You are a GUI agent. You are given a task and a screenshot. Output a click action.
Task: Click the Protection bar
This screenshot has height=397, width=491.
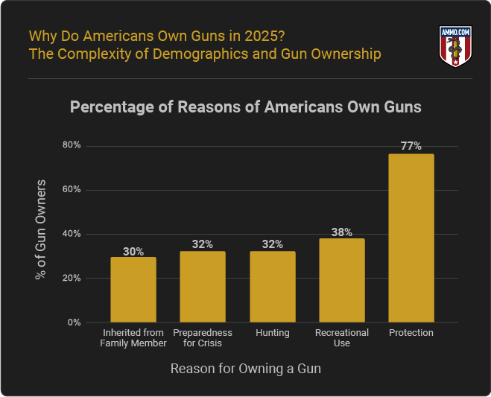coord(411,238)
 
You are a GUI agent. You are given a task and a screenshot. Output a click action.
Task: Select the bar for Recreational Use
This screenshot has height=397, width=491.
coord(342,280)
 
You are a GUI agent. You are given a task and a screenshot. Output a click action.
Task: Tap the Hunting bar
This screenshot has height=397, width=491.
coord(272,287)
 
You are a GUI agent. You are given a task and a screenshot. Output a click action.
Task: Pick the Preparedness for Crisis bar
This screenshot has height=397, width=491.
coord(203,287)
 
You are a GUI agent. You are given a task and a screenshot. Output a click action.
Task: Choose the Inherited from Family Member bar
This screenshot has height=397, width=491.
coord(133,290)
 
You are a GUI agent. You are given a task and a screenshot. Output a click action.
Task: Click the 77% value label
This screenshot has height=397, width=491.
coord(411,146)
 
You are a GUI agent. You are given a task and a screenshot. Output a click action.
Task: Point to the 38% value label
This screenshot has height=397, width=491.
coord(342,232)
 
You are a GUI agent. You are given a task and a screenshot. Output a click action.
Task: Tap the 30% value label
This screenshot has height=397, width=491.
coord(133,251)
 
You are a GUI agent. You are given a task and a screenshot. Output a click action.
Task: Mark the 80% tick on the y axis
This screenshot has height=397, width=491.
coord(72,145)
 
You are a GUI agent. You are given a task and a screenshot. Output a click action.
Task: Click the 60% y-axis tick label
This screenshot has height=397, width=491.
coord(72,189)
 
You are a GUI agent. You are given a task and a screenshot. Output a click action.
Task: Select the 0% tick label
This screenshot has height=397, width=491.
coord(75,323)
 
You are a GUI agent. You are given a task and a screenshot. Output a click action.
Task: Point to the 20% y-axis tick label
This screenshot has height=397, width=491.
coord(72,278)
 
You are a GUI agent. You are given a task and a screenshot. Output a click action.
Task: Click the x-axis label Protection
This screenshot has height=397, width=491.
coord(411,333)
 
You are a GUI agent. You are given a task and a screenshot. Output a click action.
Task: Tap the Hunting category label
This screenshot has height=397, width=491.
coord(272,333)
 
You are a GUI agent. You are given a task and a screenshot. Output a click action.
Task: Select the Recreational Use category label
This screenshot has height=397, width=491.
coord(342,337)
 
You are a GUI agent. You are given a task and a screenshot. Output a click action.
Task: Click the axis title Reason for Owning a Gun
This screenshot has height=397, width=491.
coord(246,369)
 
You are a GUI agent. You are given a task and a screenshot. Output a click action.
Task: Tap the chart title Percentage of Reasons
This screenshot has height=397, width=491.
coord(245,107)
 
